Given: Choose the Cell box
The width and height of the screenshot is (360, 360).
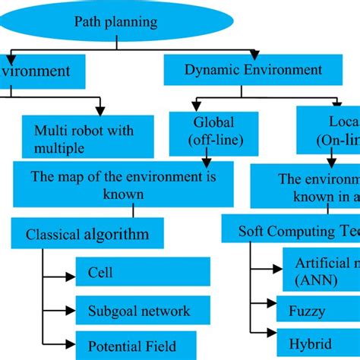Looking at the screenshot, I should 143,271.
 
